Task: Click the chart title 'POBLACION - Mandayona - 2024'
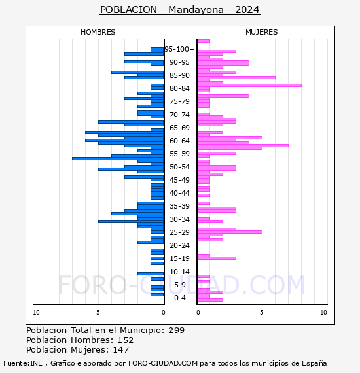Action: [180, 10]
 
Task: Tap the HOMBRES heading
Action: [98, 32]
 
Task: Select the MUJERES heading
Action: [262, 32]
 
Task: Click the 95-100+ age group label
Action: [179, 49]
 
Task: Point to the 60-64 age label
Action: [179, 141]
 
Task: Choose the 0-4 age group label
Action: [179, 298]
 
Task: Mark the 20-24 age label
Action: [179, 245]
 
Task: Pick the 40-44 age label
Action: [179, 193]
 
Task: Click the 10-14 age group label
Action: [179, 272]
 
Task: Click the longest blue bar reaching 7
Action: [118, 158]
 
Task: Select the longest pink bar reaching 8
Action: [249, 86]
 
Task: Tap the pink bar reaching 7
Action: [243, 145]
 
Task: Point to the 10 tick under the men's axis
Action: [36, 313]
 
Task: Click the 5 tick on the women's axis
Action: [262, 313]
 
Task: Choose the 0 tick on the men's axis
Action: [164, 313]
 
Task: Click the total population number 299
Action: [176, 330]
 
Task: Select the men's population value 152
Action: [126, 340]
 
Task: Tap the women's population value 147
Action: [120, 349]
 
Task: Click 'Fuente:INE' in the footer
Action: [23, 363]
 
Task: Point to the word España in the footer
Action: [314, 364]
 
